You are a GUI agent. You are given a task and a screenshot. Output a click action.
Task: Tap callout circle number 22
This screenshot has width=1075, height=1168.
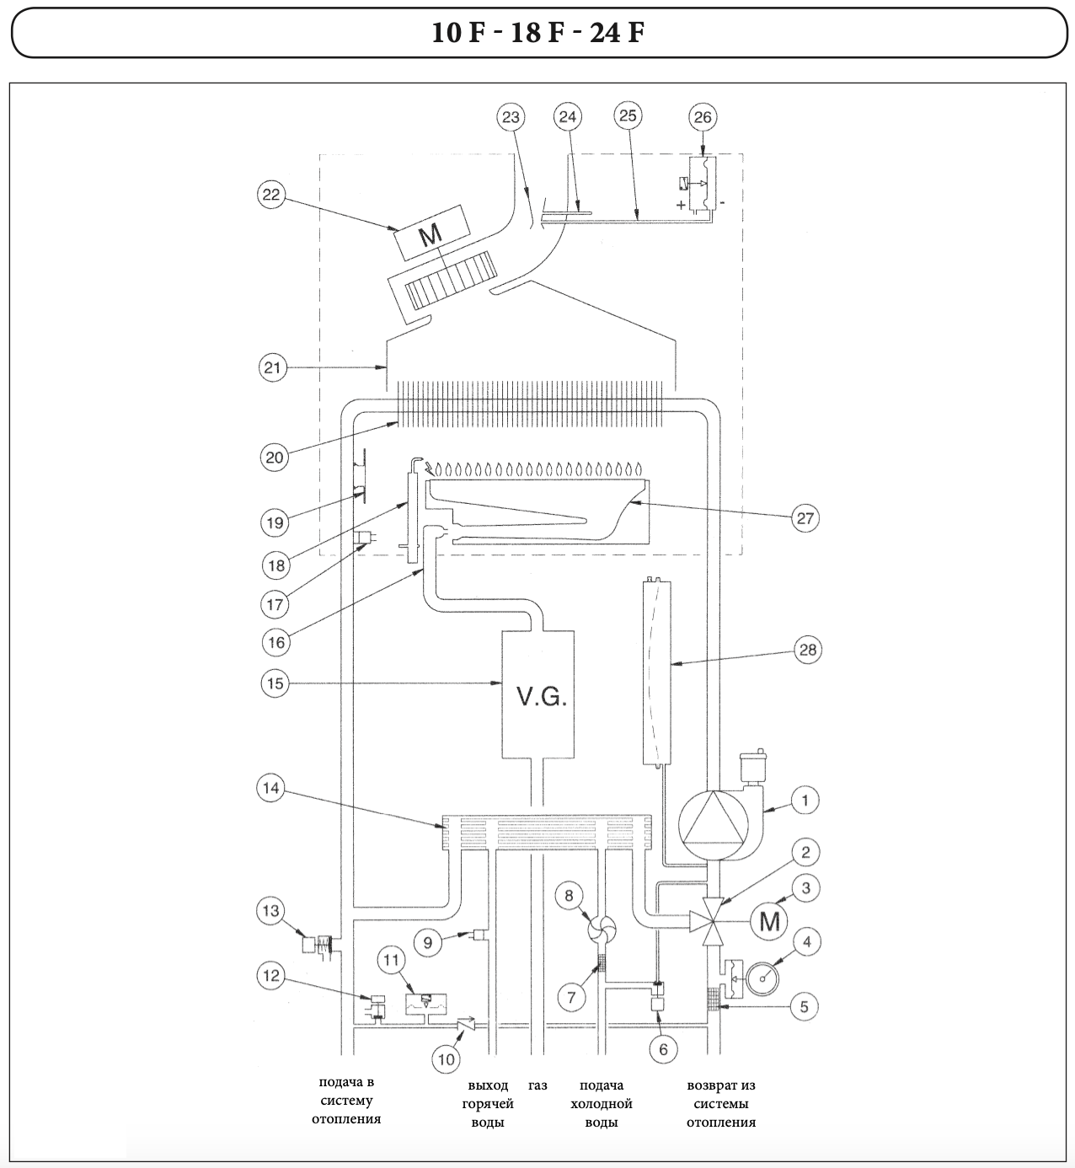[272, 196]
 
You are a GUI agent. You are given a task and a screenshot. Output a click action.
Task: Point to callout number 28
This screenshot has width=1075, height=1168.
[808, 650]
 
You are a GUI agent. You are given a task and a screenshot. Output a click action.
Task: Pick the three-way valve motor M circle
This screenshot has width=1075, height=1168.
[770, 921]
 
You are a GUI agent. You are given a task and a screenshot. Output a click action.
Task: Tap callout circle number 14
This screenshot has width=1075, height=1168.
[272, 789]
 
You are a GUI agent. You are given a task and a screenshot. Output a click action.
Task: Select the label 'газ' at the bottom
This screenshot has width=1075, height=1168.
[537, 1085]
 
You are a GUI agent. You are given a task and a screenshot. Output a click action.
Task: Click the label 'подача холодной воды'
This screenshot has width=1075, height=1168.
[601, 1104]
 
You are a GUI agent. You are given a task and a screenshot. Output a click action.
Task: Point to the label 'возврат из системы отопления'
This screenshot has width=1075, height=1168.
[721, 1104]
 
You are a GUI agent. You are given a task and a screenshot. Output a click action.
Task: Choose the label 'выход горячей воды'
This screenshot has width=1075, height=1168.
[489, 1104]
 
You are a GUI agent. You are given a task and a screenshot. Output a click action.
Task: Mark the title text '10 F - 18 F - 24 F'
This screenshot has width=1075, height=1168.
[537, 33]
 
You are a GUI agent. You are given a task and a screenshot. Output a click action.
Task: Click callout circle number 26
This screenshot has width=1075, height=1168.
[703, 117]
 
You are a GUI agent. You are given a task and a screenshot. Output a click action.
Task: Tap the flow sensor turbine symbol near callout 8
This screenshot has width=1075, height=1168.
[602, 929]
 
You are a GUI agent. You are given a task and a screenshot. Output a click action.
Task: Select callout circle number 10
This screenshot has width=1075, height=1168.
[447, 1058]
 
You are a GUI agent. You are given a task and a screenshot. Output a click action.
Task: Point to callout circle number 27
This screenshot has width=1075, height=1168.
[805, 517]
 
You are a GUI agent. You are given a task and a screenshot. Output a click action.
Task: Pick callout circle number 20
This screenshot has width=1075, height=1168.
[275, 457]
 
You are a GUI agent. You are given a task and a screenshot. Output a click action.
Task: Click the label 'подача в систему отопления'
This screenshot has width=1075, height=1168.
[346, 1101]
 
